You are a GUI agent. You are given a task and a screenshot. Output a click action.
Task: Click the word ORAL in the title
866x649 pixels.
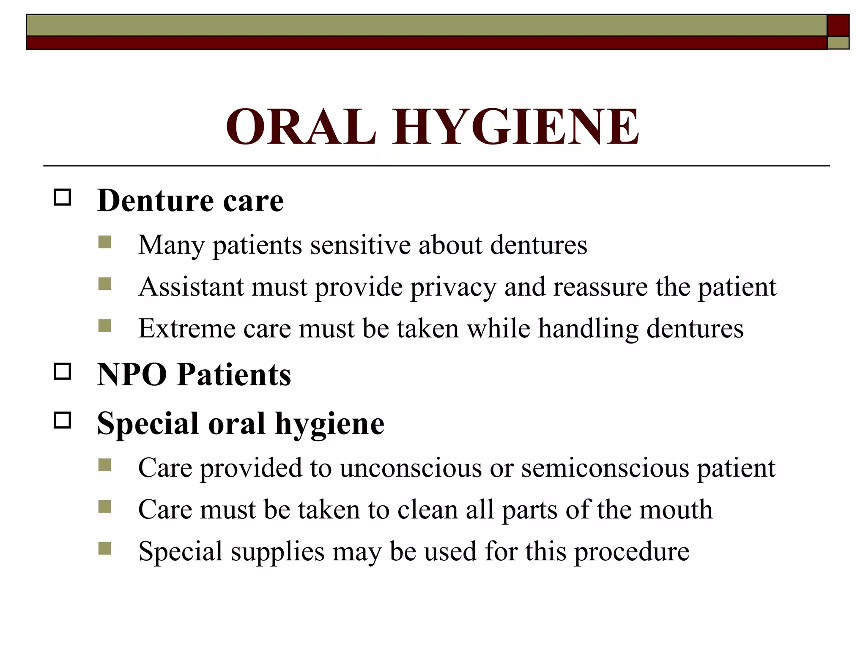301,127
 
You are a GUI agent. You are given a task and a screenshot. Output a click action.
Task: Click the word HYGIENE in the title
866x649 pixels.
516,127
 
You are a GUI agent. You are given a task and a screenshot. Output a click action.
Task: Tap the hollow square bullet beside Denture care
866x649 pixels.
63,197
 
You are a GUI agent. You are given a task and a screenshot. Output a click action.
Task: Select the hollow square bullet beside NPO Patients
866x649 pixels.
63,371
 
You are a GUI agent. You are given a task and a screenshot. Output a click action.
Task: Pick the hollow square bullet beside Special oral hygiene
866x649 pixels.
63,420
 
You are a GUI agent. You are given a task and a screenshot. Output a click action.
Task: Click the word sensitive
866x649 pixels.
360,245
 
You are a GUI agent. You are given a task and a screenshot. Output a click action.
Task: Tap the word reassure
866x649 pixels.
600,287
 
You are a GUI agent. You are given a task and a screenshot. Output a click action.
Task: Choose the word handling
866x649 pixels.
588,329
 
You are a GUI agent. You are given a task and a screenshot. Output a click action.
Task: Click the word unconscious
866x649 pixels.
411,468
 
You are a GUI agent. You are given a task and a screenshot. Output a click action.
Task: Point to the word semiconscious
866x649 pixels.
605,468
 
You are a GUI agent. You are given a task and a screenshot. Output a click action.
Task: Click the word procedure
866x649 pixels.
632,552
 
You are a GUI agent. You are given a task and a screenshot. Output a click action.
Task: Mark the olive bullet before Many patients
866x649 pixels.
104,242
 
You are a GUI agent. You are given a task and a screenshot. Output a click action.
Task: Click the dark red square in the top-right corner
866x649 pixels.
838,25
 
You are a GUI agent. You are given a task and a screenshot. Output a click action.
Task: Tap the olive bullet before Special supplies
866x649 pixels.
104,548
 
